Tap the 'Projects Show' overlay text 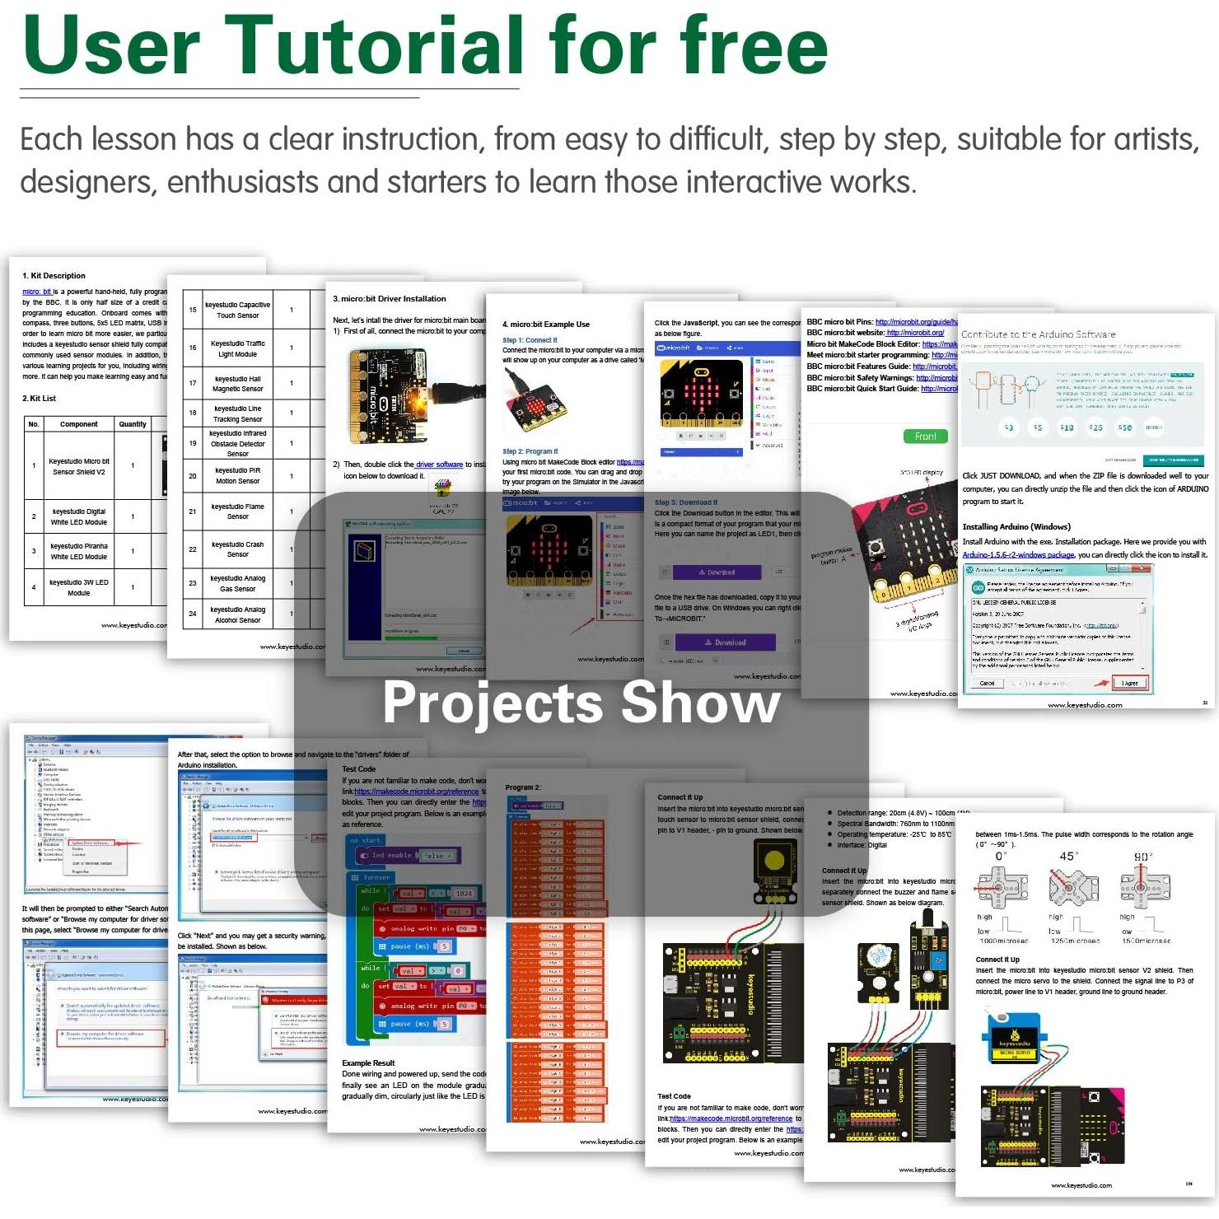click(581, 703)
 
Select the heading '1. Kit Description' click(54, 276)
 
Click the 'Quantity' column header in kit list click(133, 424)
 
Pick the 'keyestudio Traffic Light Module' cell click(237, 348)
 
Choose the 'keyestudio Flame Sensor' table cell click(237, 511)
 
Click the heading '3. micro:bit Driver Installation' click(389, 299)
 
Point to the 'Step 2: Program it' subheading click(530, 451)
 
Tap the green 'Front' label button click(925, 437)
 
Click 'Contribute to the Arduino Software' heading click(1038, 334)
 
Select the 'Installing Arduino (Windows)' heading click(1016, 526)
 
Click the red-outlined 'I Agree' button click(1129, 683)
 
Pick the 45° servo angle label click(1067, 857)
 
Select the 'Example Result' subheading click(368, 1063)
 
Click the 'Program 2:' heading click(523, 787)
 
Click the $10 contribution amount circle click(1067, 427)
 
